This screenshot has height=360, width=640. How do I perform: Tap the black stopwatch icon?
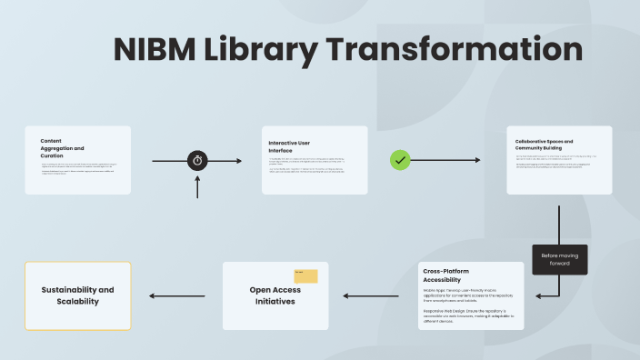tap(197, 161)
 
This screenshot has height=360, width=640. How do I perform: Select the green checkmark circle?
tap(400, 160)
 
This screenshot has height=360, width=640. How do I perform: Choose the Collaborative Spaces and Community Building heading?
tap(544, 145)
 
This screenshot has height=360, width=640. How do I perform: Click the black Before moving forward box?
tap(560, 259)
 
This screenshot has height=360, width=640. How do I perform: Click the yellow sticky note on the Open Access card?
tap(305, 276)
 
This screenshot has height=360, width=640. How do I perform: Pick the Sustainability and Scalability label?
tap(77, 295)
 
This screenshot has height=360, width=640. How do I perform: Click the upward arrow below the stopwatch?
tap(197, 187)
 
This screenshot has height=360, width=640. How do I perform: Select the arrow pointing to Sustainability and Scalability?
tap(176, 295)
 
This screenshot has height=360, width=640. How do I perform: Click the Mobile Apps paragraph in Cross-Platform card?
tap(468, 295)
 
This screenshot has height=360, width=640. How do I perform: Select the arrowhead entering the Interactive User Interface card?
tap(238, 161)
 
